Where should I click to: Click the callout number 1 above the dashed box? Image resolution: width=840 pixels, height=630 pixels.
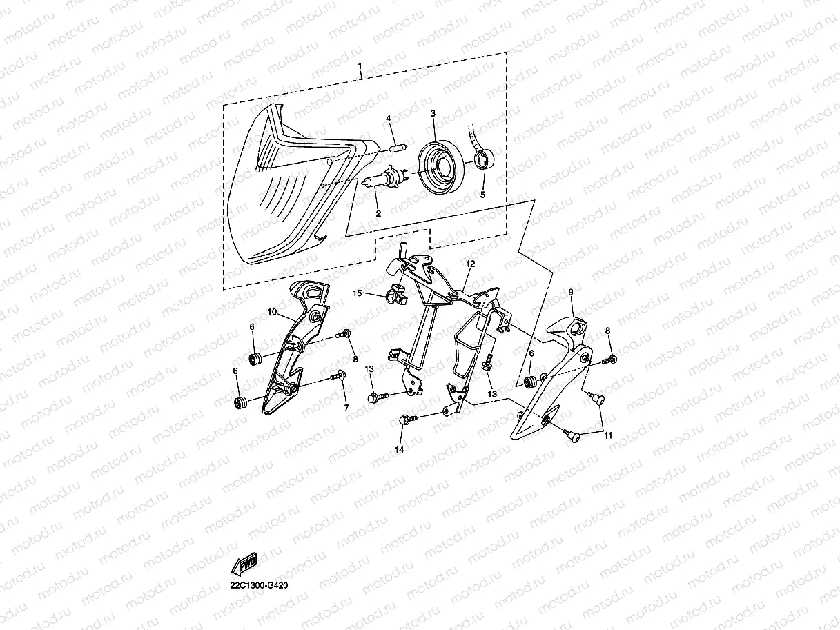pyautogui.click(x=360, y=67)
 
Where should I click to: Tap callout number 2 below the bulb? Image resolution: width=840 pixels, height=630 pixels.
pyautogui.click(x=378, y=213)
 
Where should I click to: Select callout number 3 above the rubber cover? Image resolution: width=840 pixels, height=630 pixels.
pyautogui.click(x=433, y=113)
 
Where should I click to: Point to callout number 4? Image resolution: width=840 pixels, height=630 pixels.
pyautogui.click(x=389, y=118)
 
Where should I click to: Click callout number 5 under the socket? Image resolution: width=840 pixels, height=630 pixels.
pyautogui.click(x=482, y=195)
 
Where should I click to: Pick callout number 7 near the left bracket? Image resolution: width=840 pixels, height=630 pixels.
pyautogui.click(x=346, y=408)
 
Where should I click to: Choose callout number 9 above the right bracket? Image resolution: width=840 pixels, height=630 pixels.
pyautogui.click(x=571, y=293)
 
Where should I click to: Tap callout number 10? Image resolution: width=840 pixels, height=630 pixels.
pyautogui.click(x=272, y=312)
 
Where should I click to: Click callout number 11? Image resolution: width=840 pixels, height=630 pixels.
pyautogui.click(x=608, y=435)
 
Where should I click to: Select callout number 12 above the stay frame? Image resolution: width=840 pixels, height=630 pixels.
pyautogui.click(x=470, y=264)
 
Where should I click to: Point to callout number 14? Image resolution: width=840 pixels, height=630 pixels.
pyautogui.click(x=399, y=450)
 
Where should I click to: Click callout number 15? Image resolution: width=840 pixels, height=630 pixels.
pyautogui.click(x=357, y=293)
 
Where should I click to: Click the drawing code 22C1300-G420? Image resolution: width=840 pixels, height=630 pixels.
pyautogui.click(x=259, y=585)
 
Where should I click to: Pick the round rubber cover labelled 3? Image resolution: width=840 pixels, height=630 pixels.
pyautogui.click(x=441, y=166)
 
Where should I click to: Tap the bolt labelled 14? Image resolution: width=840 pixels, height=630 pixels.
pyautogui.click(x=407, y=420)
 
